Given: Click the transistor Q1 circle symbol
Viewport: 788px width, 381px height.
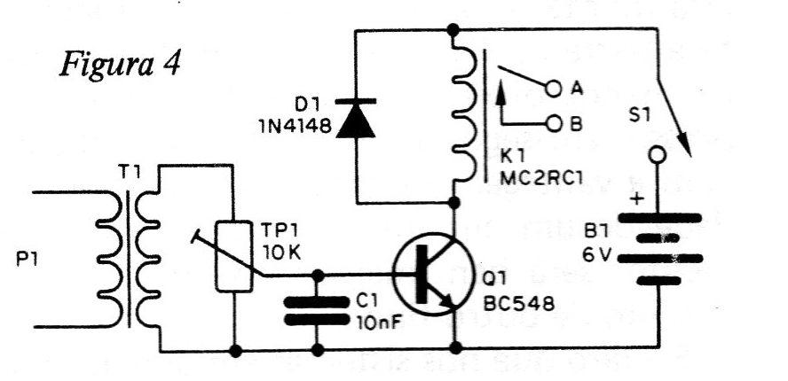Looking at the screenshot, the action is coord(433,274).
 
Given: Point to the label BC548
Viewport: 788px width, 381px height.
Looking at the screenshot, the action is coord(518,303).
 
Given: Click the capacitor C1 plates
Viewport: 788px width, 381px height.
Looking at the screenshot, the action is coord(317,311).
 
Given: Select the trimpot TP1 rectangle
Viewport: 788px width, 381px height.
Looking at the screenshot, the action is coord(233,256).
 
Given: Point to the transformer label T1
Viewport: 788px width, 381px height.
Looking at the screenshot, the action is coord(130,175).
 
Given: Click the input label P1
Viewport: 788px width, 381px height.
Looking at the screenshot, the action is coord(27,261).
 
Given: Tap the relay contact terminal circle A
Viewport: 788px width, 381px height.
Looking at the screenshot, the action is coord(554,89).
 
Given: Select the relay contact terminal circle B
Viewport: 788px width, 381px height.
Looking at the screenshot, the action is coord(554,123).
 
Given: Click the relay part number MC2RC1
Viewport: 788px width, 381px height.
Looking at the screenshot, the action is coord(541,178).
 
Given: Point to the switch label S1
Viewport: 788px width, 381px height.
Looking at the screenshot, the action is coord(639,116).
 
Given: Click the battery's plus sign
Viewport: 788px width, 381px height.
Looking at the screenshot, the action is coord(637,199).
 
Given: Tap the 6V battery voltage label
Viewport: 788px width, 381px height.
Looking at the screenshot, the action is coord(596,256).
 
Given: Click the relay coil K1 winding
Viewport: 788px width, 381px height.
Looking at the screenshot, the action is coord(461,114).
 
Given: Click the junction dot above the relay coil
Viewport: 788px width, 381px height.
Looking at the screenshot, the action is coord(453,30).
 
